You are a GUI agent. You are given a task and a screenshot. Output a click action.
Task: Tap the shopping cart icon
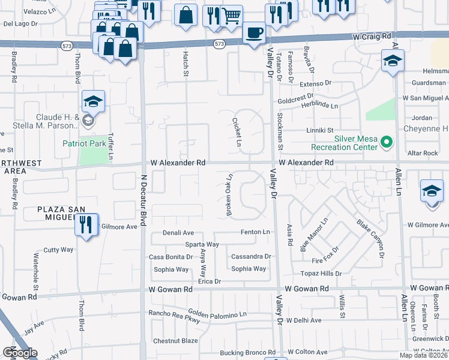click(231, 16)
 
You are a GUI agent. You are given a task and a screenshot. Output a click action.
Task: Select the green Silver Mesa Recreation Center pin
click(387, 142)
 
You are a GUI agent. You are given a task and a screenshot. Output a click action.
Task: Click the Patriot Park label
click(84, 143)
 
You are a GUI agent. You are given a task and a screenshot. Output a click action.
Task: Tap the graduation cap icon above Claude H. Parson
click(93, 101)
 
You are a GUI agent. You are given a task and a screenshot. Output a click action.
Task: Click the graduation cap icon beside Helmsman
click(393, 61)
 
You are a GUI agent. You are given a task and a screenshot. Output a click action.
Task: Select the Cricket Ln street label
click(236, 132)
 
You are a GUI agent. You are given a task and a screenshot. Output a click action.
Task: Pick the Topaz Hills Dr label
click(321, 274)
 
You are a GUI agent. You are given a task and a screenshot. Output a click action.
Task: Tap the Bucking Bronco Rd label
click(247, 353)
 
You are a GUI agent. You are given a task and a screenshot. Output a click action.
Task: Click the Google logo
click(19, 353)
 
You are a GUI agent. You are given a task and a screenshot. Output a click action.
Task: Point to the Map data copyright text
click(424, 355)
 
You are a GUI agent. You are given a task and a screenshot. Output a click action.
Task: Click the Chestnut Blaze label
click(175, 341)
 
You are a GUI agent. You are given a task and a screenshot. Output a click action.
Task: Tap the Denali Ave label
click(178, 233)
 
